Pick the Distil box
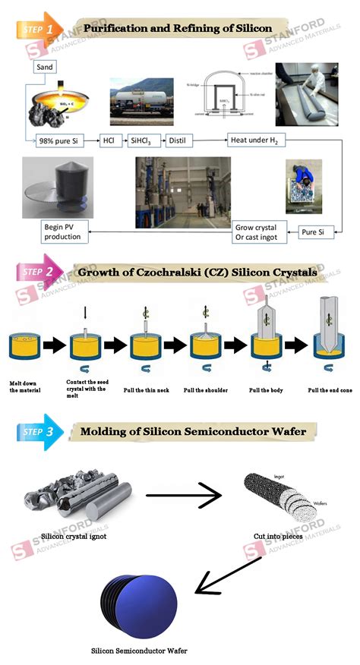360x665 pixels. click(185, 140)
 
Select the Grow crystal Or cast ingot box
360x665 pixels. click(255, 233)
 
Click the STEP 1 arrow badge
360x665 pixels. click(38, 29)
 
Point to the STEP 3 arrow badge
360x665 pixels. click(38, 432)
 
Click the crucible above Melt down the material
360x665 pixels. click(24, 347)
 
